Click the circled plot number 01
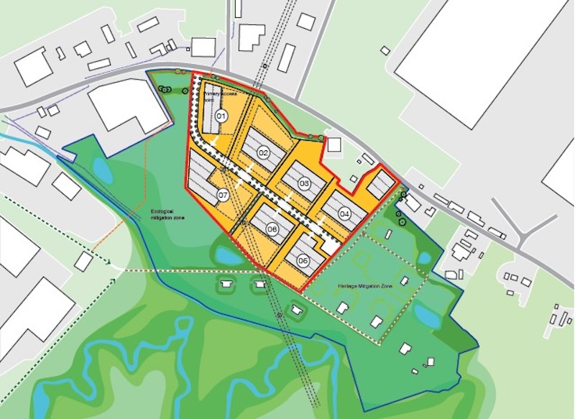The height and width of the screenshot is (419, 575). [x=221, y=116]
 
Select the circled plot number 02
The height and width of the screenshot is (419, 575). [x=263, y=152]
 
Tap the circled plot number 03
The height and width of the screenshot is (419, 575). [x=304, y=185]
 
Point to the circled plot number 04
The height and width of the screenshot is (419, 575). [x=344, y=213]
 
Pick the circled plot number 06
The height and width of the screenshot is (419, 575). [x=272, y=229]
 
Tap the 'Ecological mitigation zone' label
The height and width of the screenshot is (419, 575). [x=166, y=213]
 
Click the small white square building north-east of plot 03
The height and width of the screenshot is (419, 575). [x=334, y=144]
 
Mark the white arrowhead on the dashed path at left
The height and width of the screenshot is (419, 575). [x=116, y=267]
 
